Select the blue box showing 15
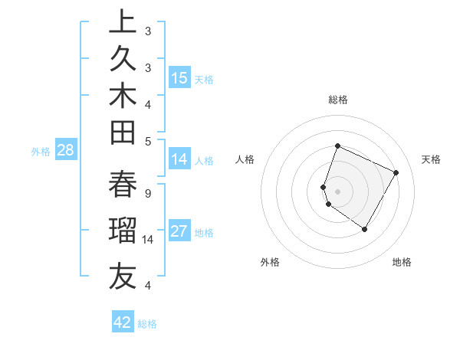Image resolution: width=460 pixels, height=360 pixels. (x=179, y=77)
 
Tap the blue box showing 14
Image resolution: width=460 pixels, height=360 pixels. (x=179, y=159)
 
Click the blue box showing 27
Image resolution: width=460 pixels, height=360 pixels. (x=179, y=231)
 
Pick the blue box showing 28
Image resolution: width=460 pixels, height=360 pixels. (x=65, y=150)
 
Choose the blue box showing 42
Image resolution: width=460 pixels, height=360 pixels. (x=123, y=322)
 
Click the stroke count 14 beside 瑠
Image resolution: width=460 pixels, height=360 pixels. (x=149, y=240)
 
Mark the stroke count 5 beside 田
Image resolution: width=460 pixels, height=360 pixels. (x=147, y=141)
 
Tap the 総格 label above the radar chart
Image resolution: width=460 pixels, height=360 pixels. (x=337, y=100)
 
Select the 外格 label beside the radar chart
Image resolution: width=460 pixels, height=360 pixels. (x=270, y=262)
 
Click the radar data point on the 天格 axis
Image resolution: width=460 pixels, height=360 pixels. (x=396, y=172)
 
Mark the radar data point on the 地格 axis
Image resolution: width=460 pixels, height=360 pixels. (x=365, y=229)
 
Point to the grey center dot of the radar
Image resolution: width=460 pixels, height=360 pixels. (x=337, y=191)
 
